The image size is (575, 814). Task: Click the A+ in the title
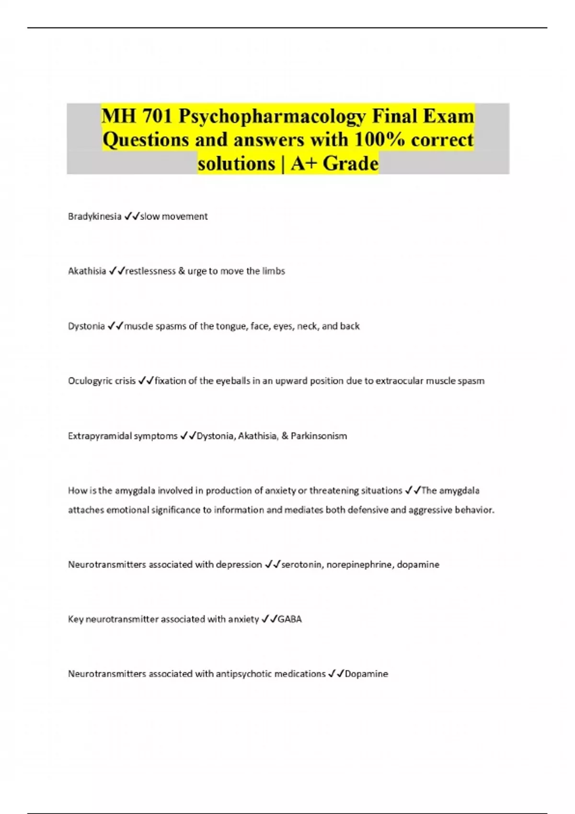pyautogui.click(x=304, y=164)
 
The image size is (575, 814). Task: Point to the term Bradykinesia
pyautogui.click(x=94, y=216)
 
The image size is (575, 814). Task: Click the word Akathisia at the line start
pyautogui.click(x=87, y=271)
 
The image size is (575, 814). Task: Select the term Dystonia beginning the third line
pyautogui.click(x=86, y=326)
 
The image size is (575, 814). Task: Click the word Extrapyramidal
pyautogui.click(x=99, y=436)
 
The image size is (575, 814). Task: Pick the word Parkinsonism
pyautogui.click(x=319, y=436)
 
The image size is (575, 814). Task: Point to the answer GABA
pyautogui.click(x=290, y=619)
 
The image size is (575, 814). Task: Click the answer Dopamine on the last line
pyautogui.click(x=367, y=674)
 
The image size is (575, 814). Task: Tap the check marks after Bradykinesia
pyautogui.click(x=132, y=216)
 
